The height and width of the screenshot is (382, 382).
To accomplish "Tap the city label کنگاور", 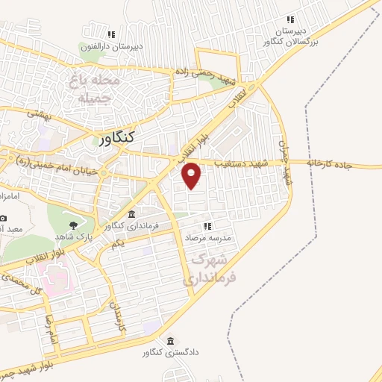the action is pyautogui.click(x=117, y=137).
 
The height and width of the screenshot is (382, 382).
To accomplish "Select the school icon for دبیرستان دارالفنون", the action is pyautogui.click(x=111, y=34).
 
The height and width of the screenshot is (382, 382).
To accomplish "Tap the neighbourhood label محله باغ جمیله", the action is pyautogui.click(x=94, y=89).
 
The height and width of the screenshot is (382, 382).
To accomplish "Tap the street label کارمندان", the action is pyautogui.click(x=116, y=316).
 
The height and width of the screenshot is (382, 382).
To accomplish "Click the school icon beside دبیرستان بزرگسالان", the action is pyautogui.click(x=290, y=19).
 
